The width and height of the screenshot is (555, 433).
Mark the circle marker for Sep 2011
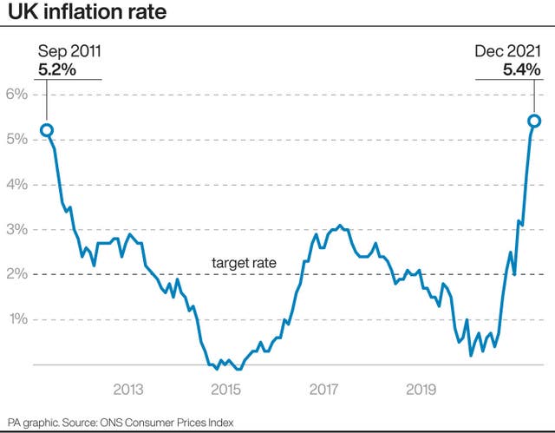[47, 131]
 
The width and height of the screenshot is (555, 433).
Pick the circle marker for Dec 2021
[534, 121]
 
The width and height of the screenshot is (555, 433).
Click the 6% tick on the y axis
[17, 95]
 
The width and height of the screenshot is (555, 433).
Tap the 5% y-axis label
[17, 140]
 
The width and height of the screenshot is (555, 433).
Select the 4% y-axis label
[17, 185]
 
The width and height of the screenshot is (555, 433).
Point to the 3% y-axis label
[17, 230]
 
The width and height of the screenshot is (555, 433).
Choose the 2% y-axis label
[17, 274]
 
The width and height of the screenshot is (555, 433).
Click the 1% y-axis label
[17, 319]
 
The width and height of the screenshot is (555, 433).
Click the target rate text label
[244, 262]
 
